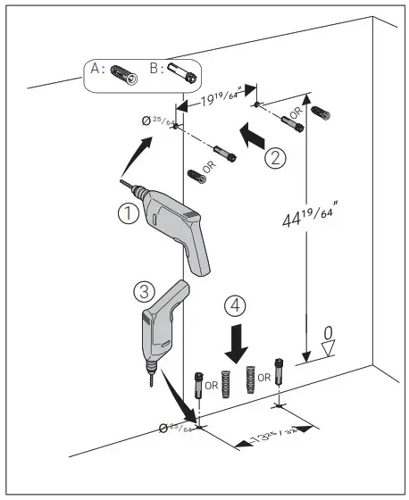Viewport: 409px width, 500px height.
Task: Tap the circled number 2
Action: [276, 158]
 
